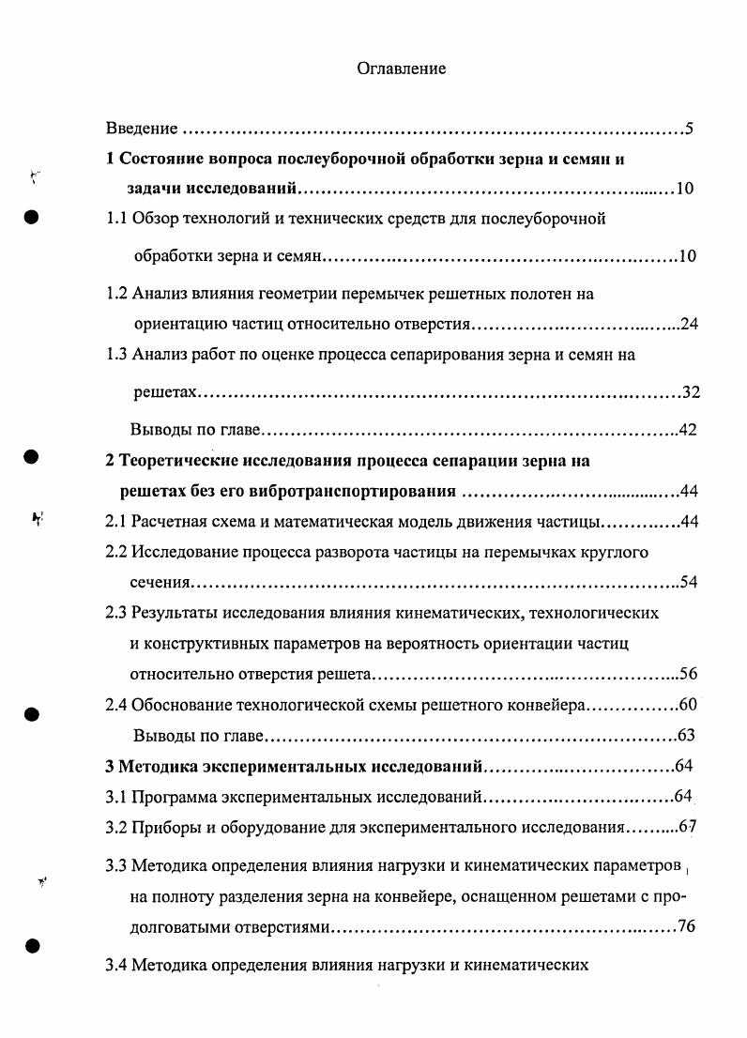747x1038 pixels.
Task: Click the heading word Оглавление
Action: (401, 69)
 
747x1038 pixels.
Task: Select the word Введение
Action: (142, 128)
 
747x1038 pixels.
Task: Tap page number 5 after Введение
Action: (689, 129)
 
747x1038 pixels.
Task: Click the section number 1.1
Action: (116, 219)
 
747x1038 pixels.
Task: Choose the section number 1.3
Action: (116, 355)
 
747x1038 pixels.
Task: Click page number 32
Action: (691, 392)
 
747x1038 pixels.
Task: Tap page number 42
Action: (690, 430)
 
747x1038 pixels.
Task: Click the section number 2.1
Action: (116, 522)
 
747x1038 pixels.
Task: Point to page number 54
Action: (690, 582)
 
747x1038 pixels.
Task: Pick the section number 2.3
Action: (116, 613)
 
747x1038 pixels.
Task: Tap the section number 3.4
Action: (116, 964)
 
